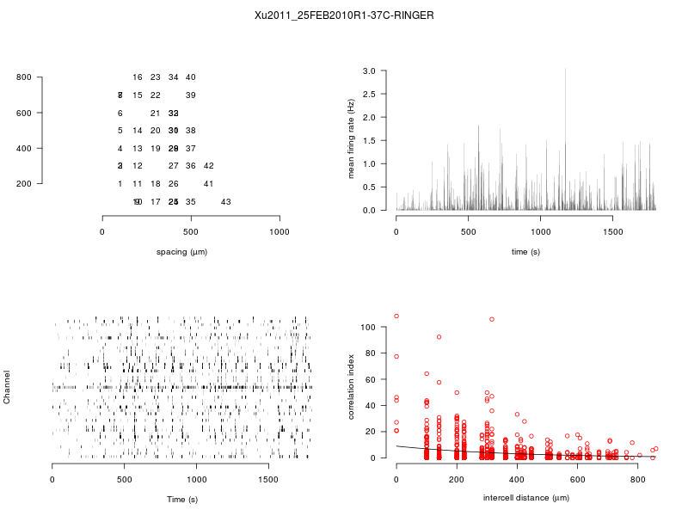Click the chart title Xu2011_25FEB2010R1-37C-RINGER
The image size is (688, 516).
coord(344,15)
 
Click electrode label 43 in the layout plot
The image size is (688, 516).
coord(226,202)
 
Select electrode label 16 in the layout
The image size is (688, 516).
coord(138,77)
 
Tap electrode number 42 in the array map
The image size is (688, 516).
coord(208,166)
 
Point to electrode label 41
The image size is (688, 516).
coord(208,184)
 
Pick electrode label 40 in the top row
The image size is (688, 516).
coord(191,77)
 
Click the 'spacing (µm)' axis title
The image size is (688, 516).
coord(181,251)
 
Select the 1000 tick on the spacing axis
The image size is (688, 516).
coord(279,232)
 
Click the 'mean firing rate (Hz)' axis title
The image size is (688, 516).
coord(351,139)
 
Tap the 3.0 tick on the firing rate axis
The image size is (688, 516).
coord(370,71)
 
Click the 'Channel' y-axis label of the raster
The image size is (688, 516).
coord(8,388)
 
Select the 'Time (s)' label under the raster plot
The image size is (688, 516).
coord(181,499)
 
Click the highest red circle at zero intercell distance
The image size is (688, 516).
coord(396,316)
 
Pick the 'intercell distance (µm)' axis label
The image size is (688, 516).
coord(526,498)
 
